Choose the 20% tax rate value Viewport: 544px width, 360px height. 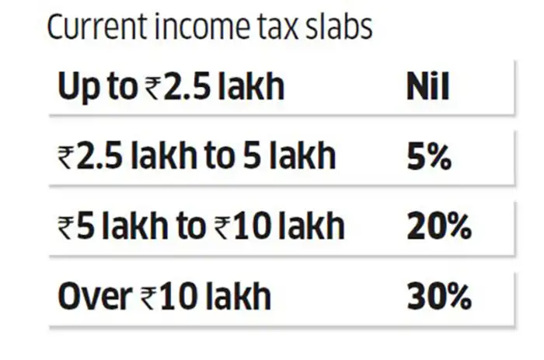[438, 226]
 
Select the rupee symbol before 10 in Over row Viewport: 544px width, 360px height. [146, 298]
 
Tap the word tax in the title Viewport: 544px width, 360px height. [265, 29]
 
